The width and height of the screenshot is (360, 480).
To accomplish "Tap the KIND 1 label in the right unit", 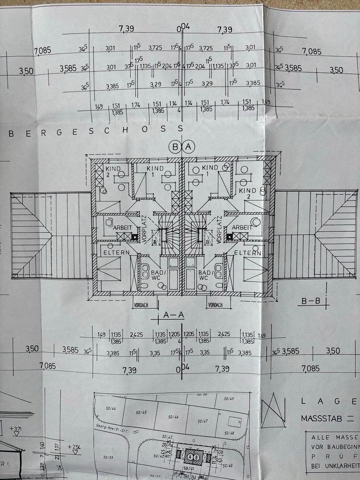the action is point(210,167).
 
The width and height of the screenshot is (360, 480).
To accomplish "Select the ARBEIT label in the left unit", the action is point(121,227).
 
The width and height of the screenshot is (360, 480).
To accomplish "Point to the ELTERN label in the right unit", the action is point(247,253).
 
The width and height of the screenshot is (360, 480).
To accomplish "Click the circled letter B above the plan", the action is point(175,147).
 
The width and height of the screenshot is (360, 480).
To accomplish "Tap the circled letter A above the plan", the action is point(188,147).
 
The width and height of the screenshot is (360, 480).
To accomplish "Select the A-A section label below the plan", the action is point(174,315).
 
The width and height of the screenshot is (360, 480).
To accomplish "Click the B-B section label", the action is point(311,301).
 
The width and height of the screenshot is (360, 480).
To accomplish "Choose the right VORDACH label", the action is point(216,304).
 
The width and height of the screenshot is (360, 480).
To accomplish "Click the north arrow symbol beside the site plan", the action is point(273,410).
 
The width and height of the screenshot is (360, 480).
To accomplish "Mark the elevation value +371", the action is point(16,428).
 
